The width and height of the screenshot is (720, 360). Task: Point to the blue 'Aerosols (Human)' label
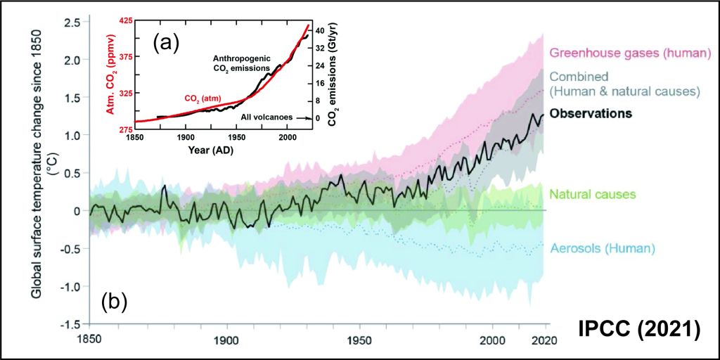tap(603, 248)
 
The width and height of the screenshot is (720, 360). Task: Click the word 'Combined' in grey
tap(578, 76)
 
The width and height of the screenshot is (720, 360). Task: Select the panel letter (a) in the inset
tap(167, 44)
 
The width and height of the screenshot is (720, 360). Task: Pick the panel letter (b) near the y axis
tap(115, 302)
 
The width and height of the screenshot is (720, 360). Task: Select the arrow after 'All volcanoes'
tap(298, 118)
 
